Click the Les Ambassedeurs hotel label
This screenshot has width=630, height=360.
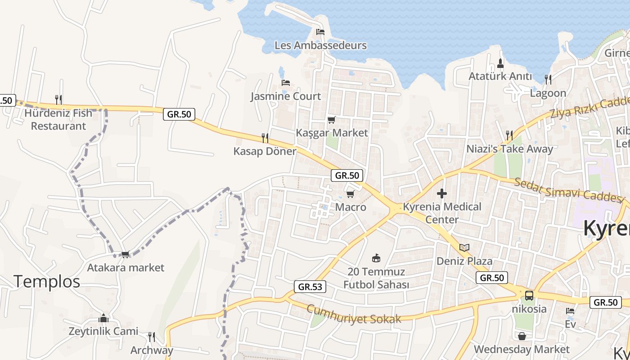tap(320, 45)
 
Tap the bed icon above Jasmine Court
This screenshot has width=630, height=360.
tap(285, 83)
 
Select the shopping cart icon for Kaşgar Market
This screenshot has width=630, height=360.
tap(332, 120)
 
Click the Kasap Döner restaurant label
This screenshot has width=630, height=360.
tap(265, 151)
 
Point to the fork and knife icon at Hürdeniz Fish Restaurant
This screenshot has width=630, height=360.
tap(58, 99)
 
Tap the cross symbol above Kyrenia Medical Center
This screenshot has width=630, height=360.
tap(442, 194)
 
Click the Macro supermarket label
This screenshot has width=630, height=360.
tap(351, 207)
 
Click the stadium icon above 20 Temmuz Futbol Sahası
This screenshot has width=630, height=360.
tap(376, 258)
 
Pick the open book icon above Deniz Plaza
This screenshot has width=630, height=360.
tap(464, 247)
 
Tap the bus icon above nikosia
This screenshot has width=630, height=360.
tap(529, 296)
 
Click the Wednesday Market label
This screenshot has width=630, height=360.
tap(522, 349)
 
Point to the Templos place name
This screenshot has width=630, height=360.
tap(47, 281)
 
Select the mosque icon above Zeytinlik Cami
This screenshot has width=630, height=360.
tap(103, 318)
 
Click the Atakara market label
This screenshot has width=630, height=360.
tap(126, 268)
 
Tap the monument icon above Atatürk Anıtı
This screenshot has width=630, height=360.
tap(500, 63)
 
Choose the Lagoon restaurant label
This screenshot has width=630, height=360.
tap(548, 93)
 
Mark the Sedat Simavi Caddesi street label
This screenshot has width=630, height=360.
tap(570, 189)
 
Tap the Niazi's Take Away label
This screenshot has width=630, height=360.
tap(509, 149)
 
